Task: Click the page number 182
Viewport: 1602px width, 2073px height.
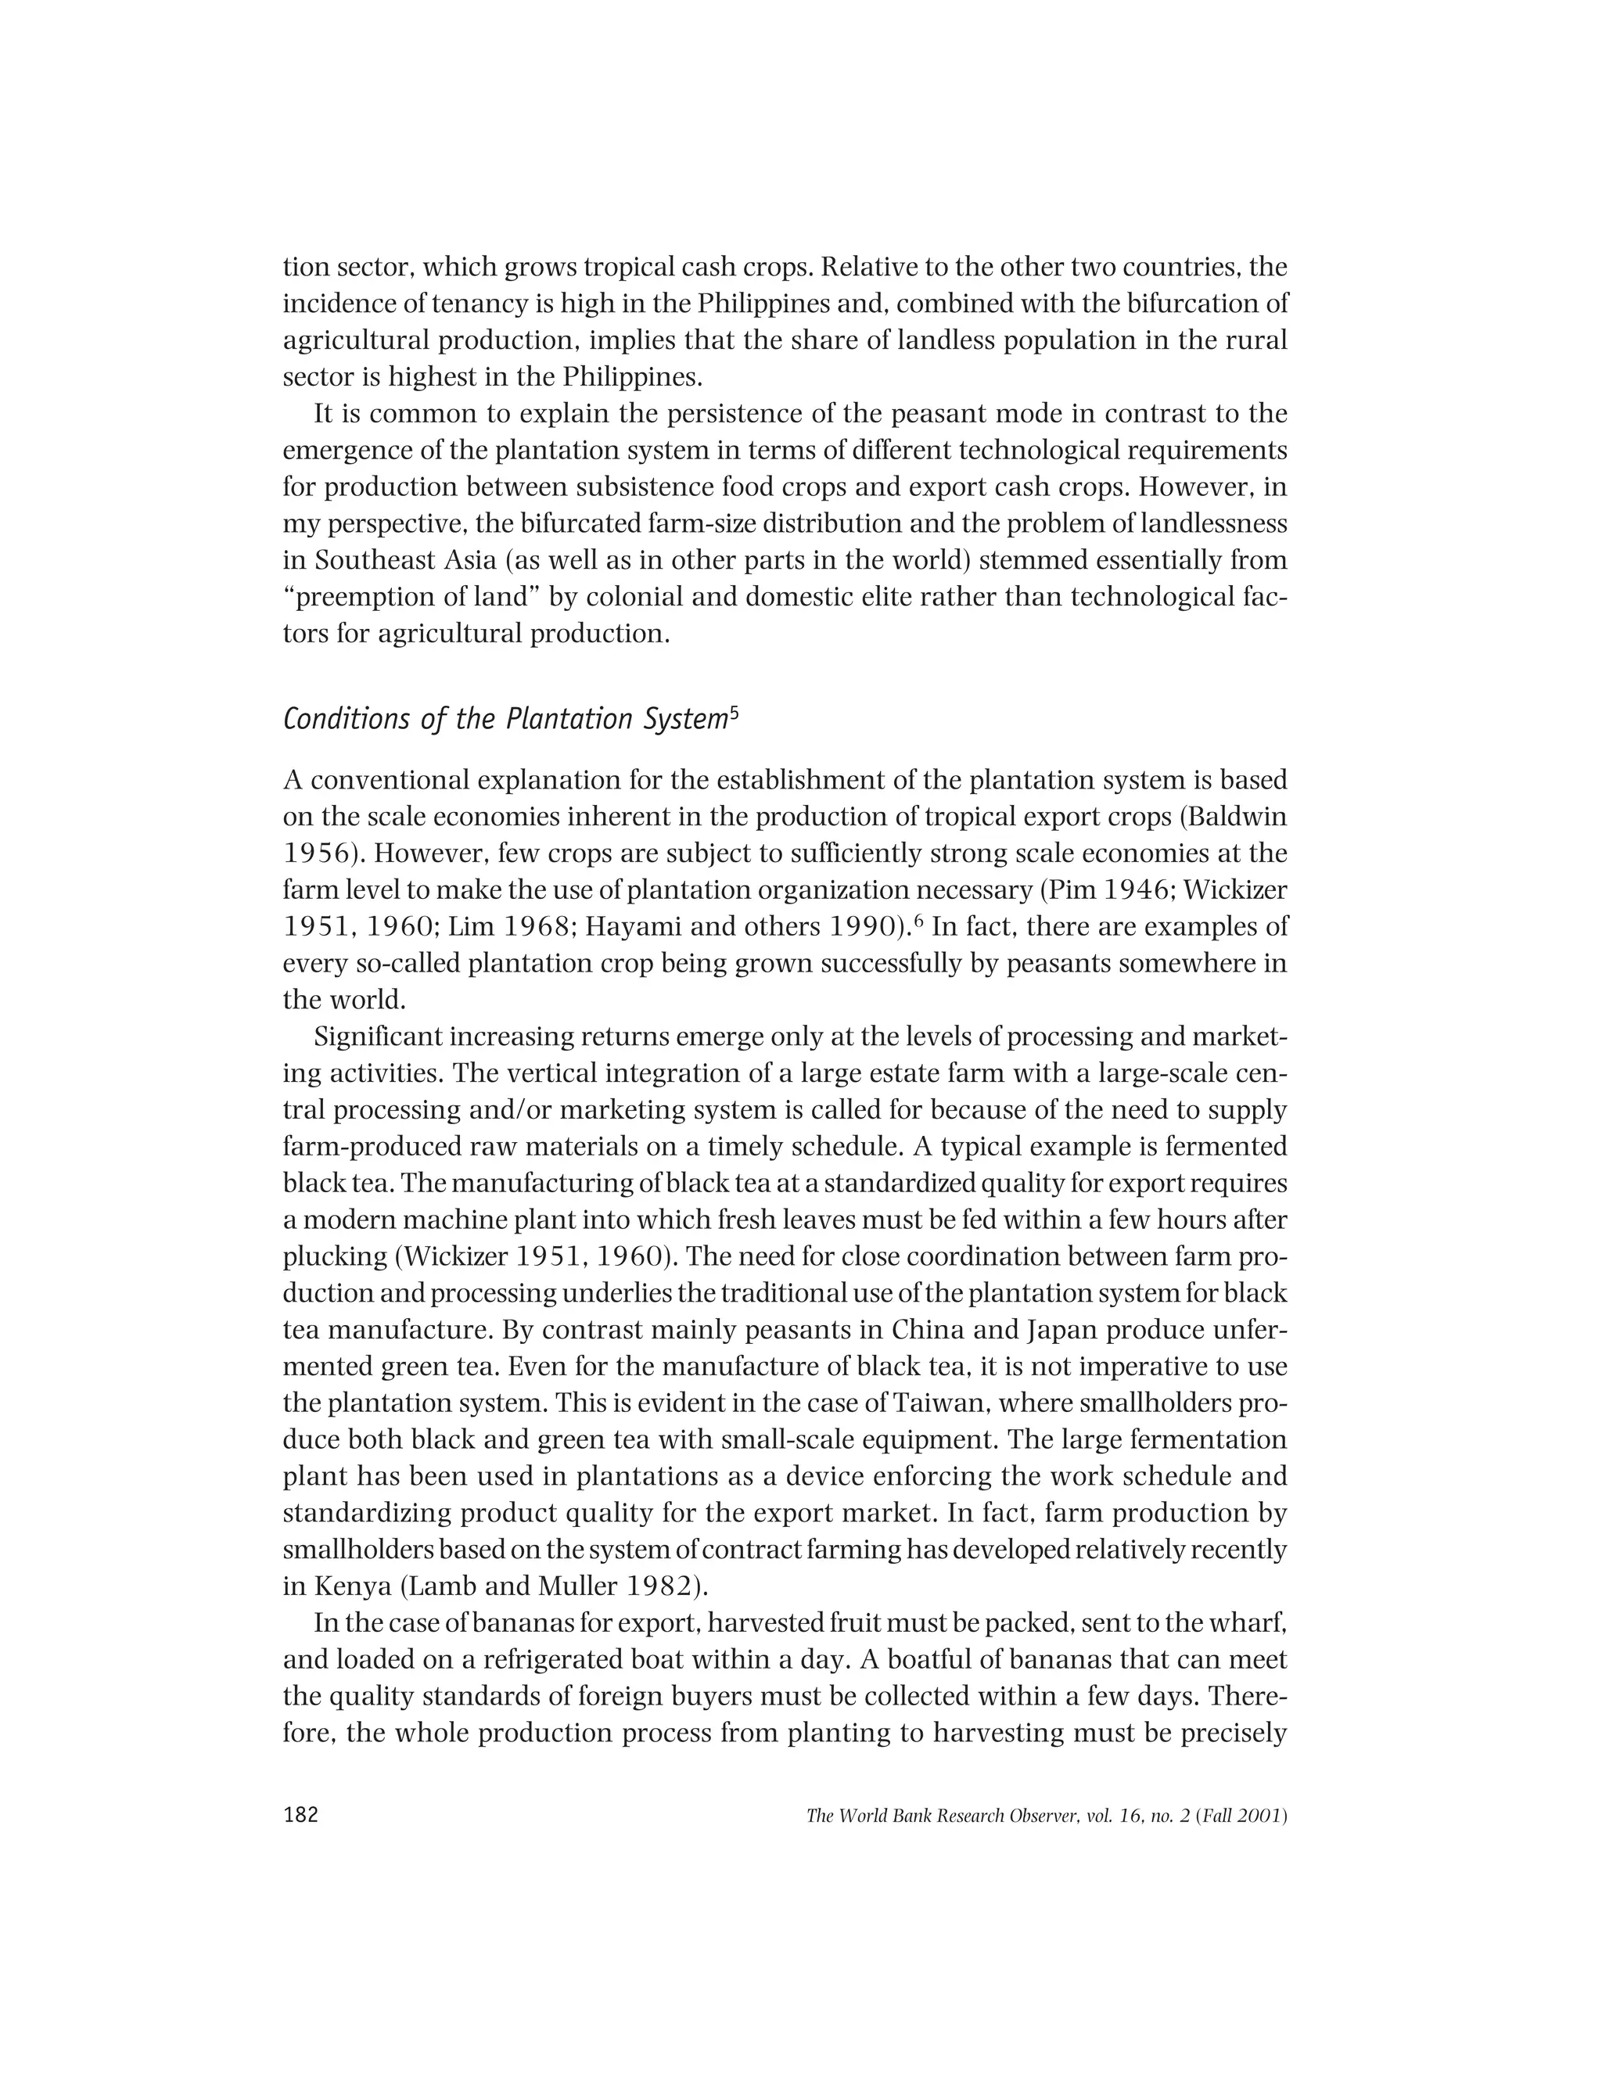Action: click(x=301, y=1815)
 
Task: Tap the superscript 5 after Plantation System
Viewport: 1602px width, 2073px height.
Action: click(x=733, y=711)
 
